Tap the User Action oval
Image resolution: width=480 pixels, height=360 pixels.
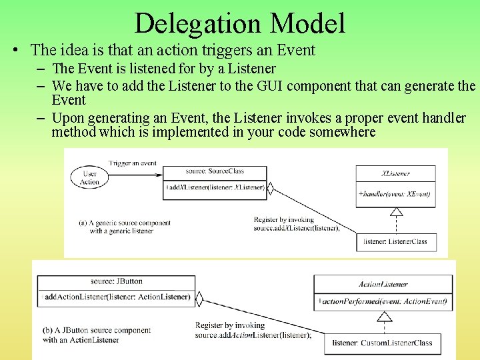tap(89, 177)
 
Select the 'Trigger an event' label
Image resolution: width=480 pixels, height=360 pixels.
tap(132, 163)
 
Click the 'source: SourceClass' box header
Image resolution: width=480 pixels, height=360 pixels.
tap(214, 172)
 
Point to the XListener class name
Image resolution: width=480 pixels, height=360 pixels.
tap(395, 173)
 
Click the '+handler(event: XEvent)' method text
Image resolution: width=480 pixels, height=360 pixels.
tap(395, 194)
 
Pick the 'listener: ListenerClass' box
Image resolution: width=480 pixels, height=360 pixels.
tap(396, 241)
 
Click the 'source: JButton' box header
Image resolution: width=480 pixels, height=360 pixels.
tap(117, 281)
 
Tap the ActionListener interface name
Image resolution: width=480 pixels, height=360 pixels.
tap(383, 284)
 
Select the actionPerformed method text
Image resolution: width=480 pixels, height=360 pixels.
tap(383, 302)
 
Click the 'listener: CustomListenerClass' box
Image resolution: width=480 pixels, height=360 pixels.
tap(383, 343)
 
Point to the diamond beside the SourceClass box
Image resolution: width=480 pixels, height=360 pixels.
tap(270, 189)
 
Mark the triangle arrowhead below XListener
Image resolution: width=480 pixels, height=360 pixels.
tap(396, 213)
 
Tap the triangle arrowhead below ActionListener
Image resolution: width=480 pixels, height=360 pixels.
tap(384, 317)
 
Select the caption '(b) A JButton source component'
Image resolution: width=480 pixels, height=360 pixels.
tap(96, 330)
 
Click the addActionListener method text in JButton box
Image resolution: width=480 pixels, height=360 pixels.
tap(117, 297)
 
